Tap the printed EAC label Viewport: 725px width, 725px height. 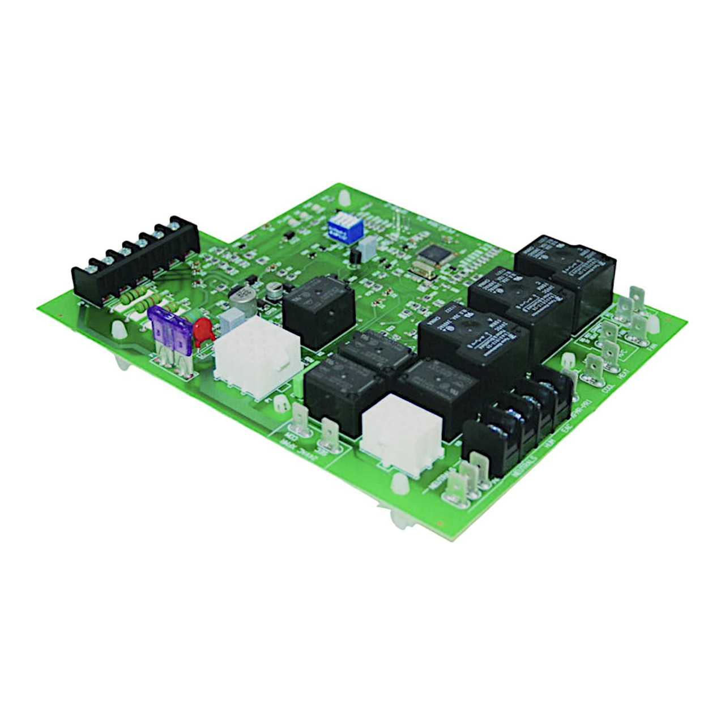point(564,430)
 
